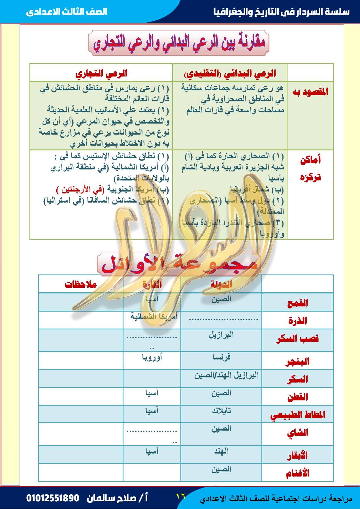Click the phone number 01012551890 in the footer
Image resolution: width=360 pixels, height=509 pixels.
(x=53, y=498)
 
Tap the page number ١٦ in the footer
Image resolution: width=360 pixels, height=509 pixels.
(x=180, y=496)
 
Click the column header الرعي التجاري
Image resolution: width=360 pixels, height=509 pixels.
(x=101, y=74)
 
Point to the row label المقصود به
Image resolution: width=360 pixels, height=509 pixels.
(x=310, y=92)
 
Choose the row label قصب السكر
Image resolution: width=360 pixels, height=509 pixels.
(x=297, y=339)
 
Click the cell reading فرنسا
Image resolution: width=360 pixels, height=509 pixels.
(x=221, y=357)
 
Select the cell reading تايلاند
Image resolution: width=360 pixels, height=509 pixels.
(x=221, y=411)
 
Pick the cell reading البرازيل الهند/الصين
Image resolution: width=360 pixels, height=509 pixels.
(x=226, y=375)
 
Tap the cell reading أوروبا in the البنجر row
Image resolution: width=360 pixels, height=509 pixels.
(x=152, y=357)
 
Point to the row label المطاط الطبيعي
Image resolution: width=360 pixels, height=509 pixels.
(x=297, y=415)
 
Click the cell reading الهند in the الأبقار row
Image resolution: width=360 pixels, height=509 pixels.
(x=221, y=451)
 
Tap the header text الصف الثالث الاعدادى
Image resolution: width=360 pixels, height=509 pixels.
(x=67, y=12)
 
